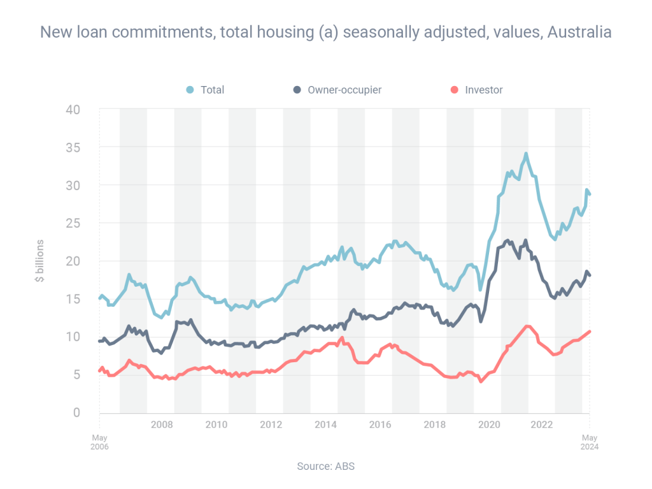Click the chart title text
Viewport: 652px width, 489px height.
point(325,32)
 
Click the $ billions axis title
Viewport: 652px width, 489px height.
point(39,261)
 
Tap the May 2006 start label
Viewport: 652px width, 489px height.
point(99,442)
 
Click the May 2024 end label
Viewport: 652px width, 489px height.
point(590,442)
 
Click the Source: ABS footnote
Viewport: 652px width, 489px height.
point(325,466)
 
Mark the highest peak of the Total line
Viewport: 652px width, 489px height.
point(526,154)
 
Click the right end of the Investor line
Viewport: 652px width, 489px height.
point(590,331)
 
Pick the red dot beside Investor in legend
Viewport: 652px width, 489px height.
point(454,90)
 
